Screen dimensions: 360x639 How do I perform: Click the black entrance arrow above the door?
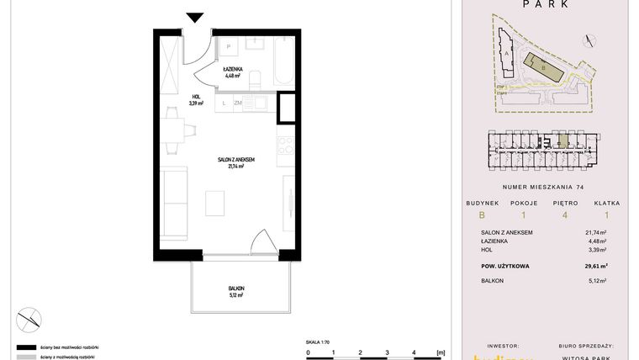pos(195,17)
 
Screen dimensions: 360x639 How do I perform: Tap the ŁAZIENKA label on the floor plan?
pos(233,71)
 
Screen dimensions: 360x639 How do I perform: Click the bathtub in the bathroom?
pos(282,59)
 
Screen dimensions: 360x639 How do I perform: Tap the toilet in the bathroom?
pos(258,77)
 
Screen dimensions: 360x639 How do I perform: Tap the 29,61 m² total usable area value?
pos(595,266)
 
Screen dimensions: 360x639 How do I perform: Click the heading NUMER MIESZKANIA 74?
pos(542,187)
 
